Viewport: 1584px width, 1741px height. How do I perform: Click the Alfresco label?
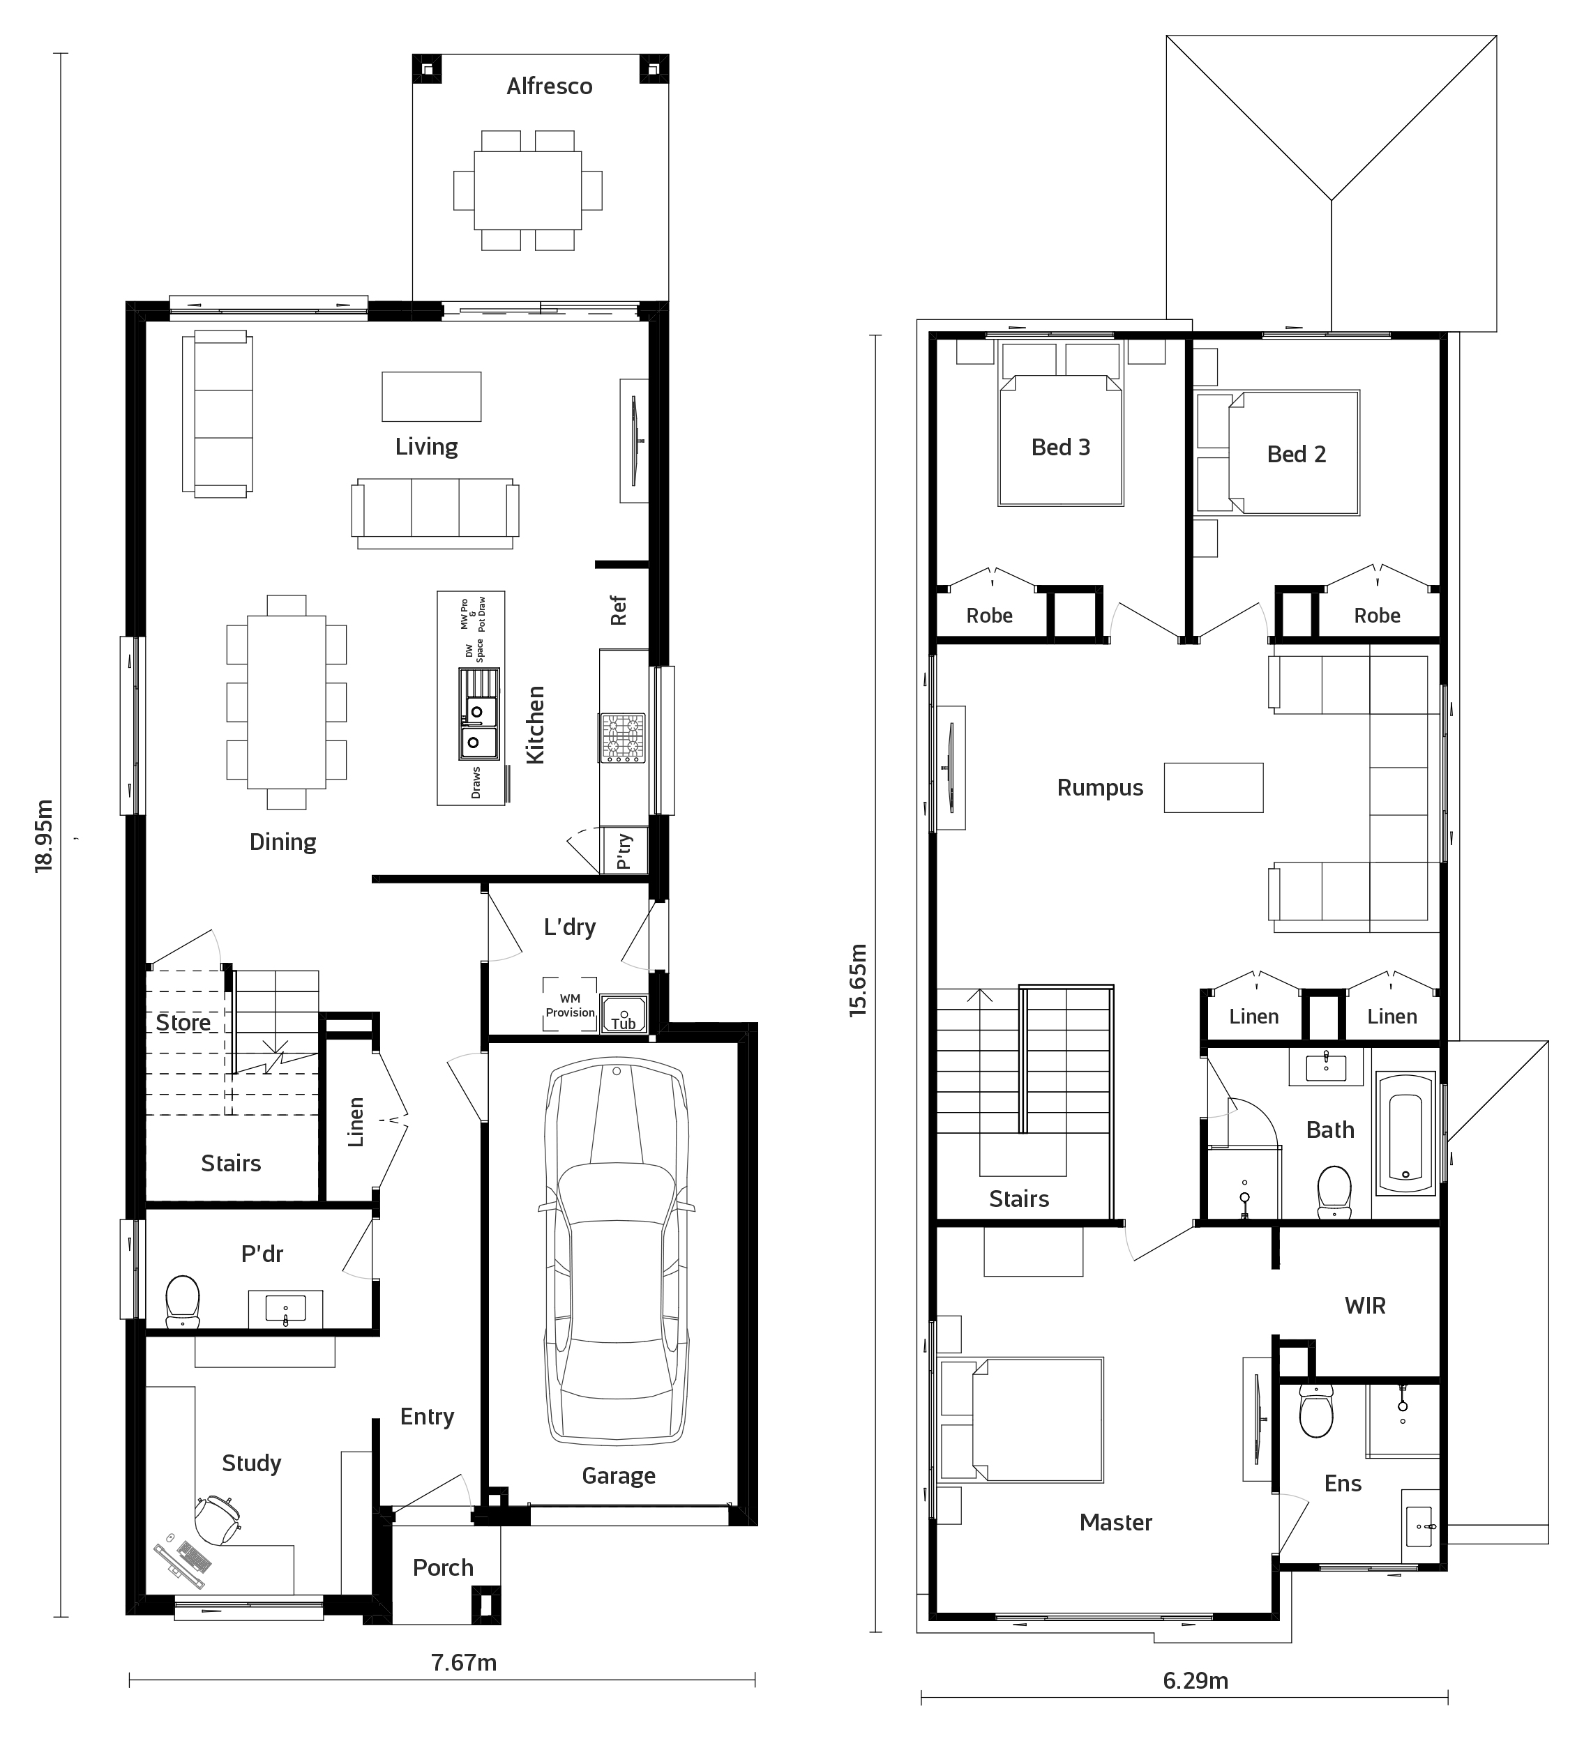550,86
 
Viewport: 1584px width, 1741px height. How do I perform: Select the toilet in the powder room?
182,1302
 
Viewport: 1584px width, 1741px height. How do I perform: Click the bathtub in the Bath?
1405,1133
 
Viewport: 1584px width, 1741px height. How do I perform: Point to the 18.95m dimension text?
44,835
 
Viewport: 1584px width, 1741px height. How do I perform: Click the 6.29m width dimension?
1195,1680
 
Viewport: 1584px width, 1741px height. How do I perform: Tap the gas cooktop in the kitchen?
623,738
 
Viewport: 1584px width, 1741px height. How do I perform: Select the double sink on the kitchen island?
478,714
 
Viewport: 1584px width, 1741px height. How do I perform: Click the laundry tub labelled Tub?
624,1013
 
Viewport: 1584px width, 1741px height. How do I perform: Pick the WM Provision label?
570,1006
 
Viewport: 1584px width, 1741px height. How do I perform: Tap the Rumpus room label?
1099,788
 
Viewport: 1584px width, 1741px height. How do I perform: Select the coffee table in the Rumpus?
1214,788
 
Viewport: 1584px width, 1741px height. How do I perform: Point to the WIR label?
1364,1306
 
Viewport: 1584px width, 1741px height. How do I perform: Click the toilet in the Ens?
1315,1411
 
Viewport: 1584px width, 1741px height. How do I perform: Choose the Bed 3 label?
1061,448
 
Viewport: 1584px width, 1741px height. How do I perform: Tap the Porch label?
443,1567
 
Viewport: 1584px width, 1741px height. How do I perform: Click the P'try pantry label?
624,851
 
